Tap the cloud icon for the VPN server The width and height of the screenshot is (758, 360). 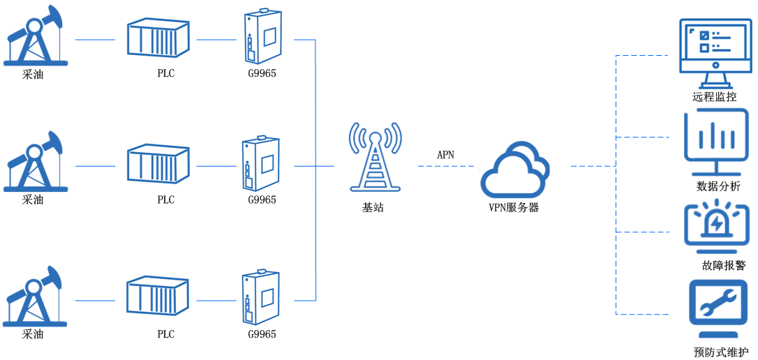[x=514, y=170]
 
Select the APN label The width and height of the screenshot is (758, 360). [x=445, y=155]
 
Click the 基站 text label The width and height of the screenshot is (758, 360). [x=373, y=207]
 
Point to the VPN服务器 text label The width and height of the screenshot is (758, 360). [x=514, y=207]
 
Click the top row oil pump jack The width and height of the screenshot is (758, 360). [x=35, y=36]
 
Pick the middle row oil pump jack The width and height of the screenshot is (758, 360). [x=35, y=161]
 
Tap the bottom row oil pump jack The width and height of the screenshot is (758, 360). [x=35, y=296]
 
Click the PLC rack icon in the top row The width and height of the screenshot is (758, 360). [x=158, y=38]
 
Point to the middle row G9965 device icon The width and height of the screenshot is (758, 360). [x=262, y=164]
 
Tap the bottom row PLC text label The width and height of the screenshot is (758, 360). [x=165, y=334]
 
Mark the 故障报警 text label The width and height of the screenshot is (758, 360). [x=724, y=265]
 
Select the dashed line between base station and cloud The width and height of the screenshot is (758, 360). [x=445, y=166]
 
